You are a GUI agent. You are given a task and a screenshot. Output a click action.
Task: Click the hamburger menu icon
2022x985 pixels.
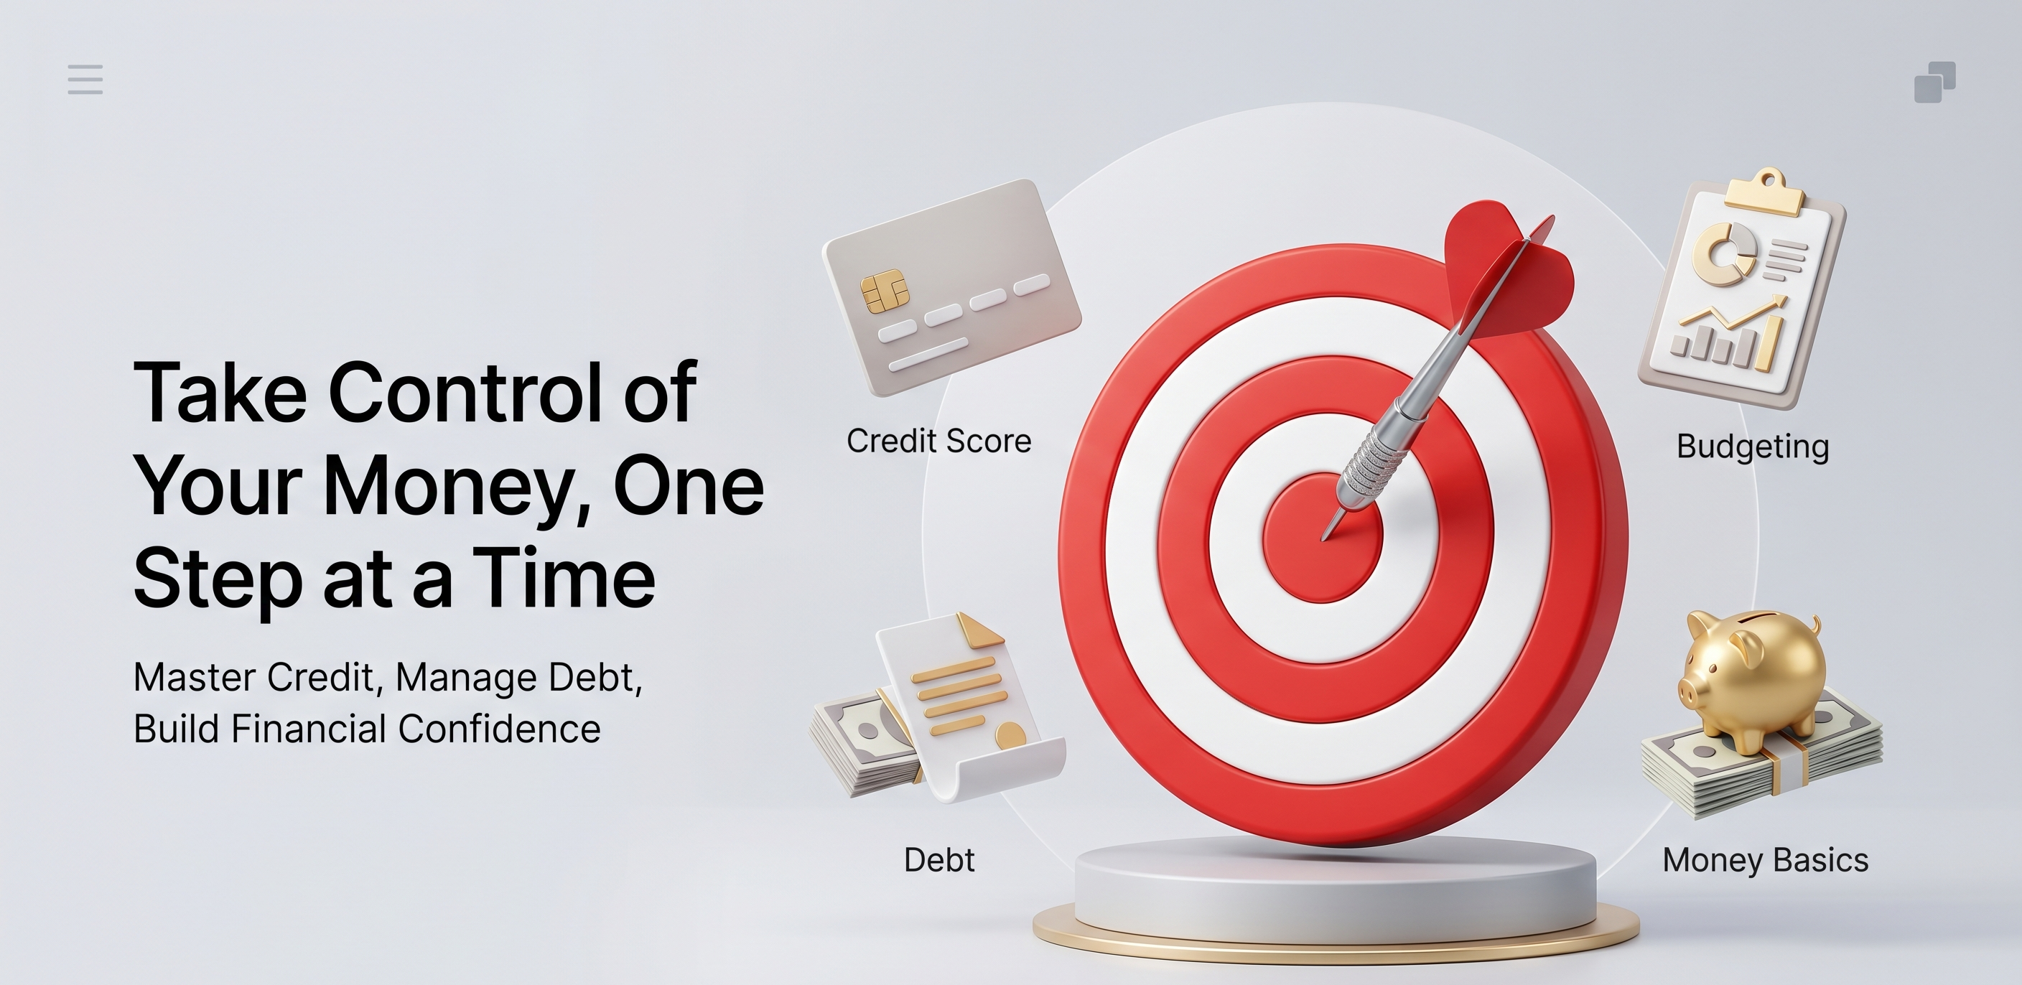click(85, 79)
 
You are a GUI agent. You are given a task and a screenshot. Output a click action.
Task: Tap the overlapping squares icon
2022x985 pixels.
click(1935, 82)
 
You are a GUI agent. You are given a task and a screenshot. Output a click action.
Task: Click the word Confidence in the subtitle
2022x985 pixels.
click(499, 729)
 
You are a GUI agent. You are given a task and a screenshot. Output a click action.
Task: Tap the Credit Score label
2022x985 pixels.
click(938, 441)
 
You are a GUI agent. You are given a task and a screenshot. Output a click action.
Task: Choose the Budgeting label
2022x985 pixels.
click(1753, 447)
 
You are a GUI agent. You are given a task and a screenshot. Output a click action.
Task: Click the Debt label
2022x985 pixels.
click(938, 860)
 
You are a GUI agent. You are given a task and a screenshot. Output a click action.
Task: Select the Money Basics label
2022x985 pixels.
click(1766, 860)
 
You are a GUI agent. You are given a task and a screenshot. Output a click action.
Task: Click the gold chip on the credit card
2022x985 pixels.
click(885, 291)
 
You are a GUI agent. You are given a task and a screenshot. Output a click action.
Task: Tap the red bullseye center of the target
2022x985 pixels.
click(1323, 538)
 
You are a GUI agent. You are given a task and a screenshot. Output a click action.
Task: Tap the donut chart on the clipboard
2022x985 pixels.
click(1724, 252)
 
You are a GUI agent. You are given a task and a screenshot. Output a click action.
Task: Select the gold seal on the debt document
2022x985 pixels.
click(1010, 735)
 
